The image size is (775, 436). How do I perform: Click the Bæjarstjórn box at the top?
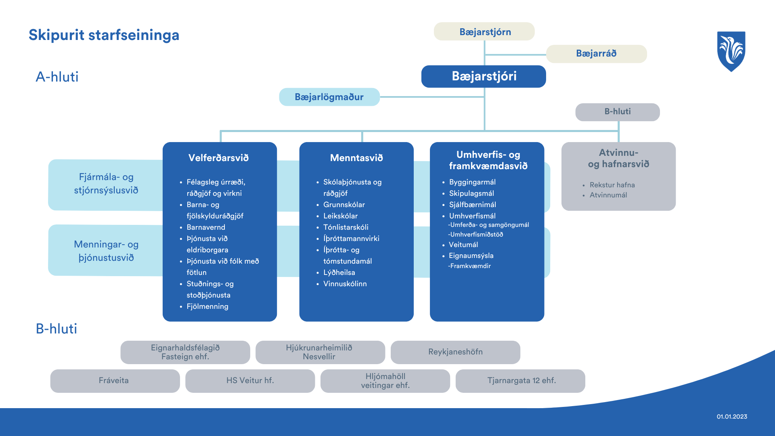coord(484,32)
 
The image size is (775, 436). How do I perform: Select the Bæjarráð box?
coord(596,54)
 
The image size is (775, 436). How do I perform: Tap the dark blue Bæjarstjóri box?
coord(484,76)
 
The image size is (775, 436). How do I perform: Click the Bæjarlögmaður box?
coord(329,97)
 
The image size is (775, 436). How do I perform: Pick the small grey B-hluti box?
coord(617,112)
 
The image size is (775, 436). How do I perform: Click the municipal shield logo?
coord(731,51)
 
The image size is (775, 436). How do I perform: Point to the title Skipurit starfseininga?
coord(104,35)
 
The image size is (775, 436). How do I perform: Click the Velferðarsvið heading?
coord(218,158)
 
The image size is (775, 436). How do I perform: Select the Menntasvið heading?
coord(356,158)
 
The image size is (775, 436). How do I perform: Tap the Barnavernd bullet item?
coord(206,227)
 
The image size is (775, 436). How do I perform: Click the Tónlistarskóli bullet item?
coord(346,227)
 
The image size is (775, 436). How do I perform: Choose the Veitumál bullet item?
coord(463,245)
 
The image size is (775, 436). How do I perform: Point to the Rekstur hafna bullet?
coord(612,185)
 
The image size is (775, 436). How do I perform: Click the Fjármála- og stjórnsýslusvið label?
coord(106,184)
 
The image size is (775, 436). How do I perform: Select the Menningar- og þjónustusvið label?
coord(106,251)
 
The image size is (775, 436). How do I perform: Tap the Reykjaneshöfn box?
coord(455,352)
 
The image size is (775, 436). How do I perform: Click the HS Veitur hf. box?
coord(250,381)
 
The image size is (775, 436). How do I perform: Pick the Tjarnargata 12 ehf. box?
coord(521,381)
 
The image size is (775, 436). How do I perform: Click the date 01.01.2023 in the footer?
coord(732,417)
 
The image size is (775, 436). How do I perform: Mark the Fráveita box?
coord(114,381)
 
